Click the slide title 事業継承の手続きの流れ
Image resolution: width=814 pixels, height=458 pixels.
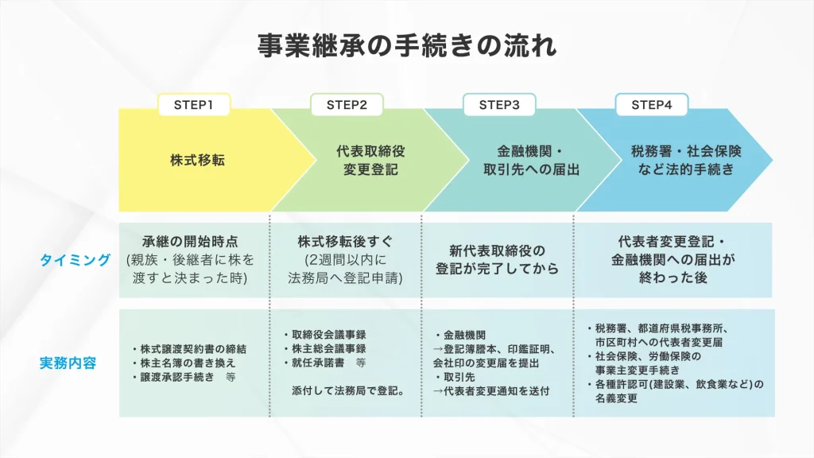pyautogui.click(x=406, y=45)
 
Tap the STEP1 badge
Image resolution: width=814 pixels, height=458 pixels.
pyautogui.click(x=194, y=105)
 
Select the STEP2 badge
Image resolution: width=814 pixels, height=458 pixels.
pyautogui.click(x=347, y=105)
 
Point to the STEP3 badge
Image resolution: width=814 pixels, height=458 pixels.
pyautogui.click(x=499, y=105)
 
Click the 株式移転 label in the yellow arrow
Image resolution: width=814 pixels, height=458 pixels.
pyautogui.click(x=197, y=160)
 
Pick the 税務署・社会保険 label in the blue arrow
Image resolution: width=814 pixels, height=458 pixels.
pyautogui.click(x=685, y=160)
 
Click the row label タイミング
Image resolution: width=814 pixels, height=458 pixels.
pyautogui.click(x=76, y=260)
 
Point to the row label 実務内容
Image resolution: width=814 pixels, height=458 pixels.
pyautogui.click(x=68, y=363)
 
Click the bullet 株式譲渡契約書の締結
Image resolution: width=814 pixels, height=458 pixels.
pyautogui.click(x=189, y=349)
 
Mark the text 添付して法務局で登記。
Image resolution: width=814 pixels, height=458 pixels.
pyautogui.click(x=348, y=390)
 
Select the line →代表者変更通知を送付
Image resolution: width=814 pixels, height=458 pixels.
pyautogui.click(x=490, y=390)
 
